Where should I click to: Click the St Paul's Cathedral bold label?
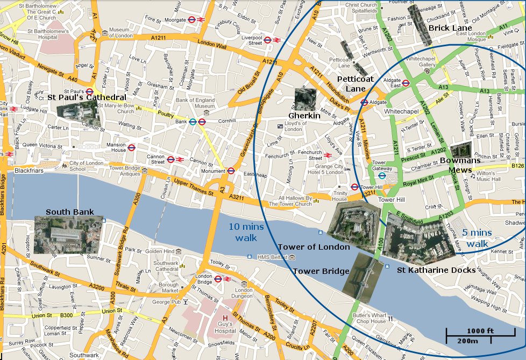pyautogui.click(x=87, y=97)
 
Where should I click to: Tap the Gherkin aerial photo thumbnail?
pyautogui.click(x=305, y=100)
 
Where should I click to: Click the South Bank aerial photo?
pyautogui.click(x=68, y=235)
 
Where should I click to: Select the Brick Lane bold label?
pyautogui.click(x=450, y=28)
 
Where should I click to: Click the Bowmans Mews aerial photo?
pyautogui.click(x=460, y=151)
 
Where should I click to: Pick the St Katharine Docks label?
pyautogui.click(x=436, y=270)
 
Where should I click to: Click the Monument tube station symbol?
pyautogui.click(x=231, y=171)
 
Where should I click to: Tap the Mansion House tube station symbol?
pyautogui.click(x=131, y=147)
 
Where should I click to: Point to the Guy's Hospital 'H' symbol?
pyautogui.click(x=225, y=319)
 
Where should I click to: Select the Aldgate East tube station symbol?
pyautogui.click(x=406, y=83)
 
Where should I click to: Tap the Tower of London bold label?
pyautogui.click(x=314, y=247)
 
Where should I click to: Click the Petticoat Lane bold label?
pyautogui.click(x=355, y=84)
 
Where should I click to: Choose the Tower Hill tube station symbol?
pyautogui.click(x=354, y=187)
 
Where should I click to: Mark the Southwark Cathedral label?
pyautogui.click(x=166, y=266)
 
